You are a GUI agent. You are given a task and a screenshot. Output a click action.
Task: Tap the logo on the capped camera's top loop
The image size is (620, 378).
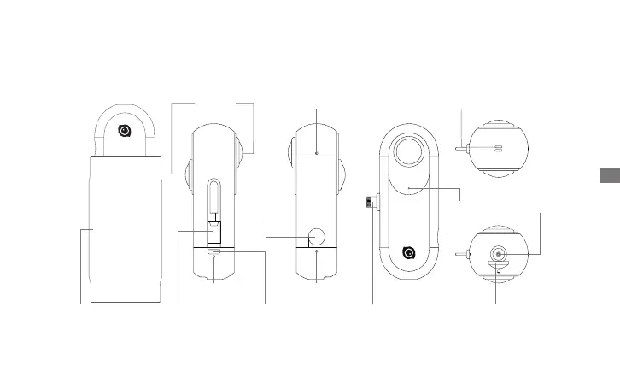point(125,132)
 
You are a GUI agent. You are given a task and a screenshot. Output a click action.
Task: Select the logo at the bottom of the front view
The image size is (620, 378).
point(410,253)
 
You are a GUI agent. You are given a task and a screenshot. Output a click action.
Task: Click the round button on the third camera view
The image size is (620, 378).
point(318,235)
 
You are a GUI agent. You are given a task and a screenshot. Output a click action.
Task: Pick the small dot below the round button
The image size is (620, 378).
point(317,253)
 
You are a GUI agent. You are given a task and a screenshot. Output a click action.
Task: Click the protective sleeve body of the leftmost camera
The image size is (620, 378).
point(125,227)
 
